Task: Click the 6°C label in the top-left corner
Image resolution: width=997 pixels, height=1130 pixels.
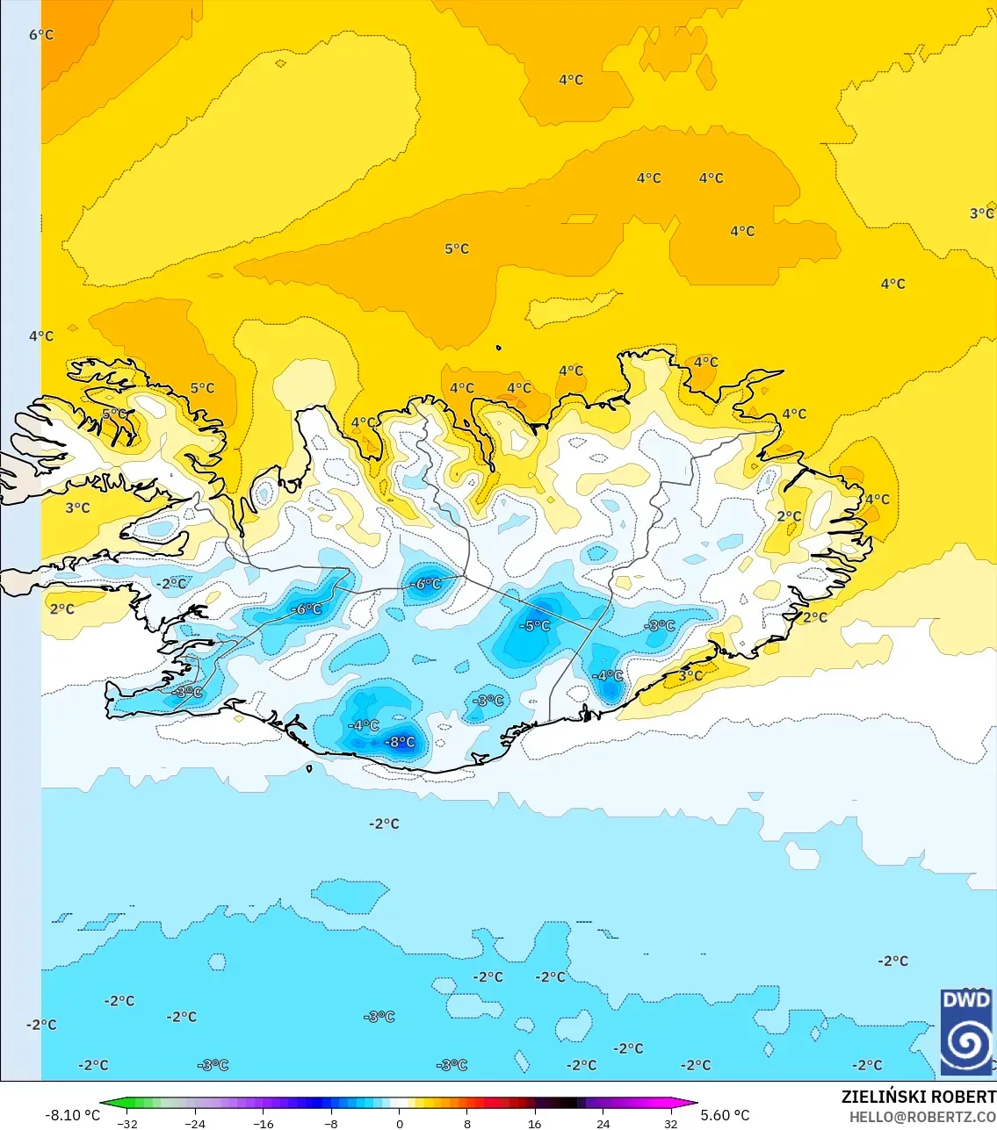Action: coord(41,35)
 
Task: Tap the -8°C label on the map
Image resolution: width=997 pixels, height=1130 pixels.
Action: coord(401,742)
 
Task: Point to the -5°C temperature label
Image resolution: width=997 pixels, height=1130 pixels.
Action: coord(535,626)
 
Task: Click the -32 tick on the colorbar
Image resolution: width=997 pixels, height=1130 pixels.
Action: coord(127,1123)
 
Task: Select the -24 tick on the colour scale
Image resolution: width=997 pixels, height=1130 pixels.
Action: coord(195,1123)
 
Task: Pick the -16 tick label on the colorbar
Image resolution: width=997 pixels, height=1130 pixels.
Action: coord(264,1123)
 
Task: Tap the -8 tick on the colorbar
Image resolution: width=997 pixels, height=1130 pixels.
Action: coord(331,1123)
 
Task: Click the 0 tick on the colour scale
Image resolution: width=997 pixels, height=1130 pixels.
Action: coord(400,1123)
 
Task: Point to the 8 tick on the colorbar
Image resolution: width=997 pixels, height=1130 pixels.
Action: coord(467,1123)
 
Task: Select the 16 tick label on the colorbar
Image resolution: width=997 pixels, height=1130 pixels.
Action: coord(535,1123)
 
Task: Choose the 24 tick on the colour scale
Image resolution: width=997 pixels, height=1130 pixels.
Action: coord(603,1123)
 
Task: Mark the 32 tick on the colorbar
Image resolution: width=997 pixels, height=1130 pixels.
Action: coord(671,1123)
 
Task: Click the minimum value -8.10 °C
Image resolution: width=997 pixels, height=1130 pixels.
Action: coord(72,1115)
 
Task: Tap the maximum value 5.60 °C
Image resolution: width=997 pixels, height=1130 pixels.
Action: coord(726,1115)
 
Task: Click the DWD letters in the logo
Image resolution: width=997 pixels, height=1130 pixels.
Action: coord(966,1000)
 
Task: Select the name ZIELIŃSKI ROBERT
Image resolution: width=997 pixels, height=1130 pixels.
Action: coord(918,1097)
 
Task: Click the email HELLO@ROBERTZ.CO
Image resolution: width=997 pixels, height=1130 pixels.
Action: coord(922,1117)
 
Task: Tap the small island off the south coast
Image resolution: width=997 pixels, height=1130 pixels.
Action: coord(309,769)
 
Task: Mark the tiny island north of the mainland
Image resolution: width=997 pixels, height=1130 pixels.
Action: coord(498,349)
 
